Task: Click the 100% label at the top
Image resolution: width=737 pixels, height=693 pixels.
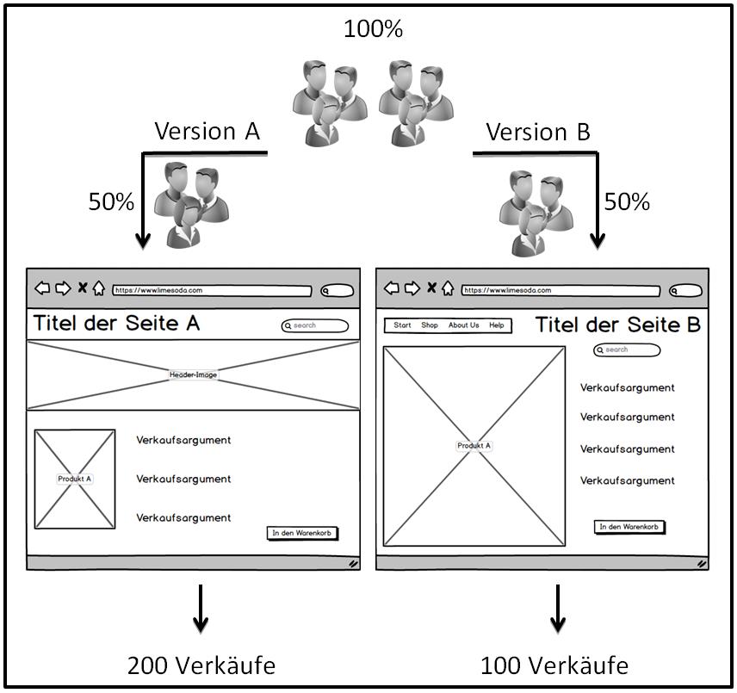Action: [x=373, y=29]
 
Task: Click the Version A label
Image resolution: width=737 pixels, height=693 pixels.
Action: [x=207, y=132]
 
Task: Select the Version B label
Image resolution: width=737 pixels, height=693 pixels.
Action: [x=538, y=133]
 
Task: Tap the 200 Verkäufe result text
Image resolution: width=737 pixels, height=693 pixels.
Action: [x=201, y=665]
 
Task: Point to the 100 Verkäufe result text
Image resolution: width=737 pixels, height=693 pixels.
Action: [x=554, y=665]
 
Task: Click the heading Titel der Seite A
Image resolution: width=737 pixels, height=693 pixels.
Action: [x=117, y=324]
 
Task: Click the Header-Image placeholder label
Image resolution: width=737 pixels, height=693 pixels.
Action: [x=193, y=374]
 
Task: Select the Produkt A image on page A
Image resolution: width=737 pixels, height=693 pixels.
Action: [x=75, y=479]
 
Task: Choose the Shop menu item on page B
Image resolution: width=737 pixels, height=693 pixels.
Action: [x=430, y=325]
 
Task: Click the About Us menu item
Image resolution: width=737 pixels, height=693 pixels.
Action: [x=463, y=325]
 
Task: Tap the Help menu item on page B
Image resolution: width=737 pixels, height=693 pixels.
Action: [x=497, y=325]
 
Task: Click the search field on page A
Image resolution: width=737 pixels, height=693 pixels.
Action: [x=315, y=325]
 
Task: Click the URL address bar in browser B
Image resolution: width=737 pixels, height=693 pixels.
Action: [x=560, y=290]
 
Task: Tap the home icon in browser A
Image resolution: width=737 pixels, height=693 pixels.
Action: [x=99, y=288]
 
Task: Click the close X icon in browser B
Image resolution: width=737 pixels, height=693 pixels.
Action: [x=431, y=288]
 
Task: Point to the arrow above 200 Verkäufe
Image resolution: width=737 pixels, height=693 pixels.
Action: [x=201, y=608]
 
